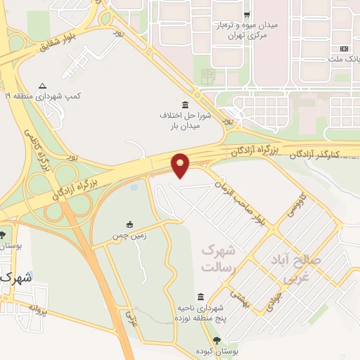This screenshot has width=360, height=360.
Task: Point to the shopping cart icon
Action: [246, 14]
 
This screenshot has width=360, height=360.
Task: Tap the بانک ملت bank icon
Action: [343, 49]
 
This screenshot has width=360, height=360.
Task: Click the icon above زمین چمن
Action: [129, 224]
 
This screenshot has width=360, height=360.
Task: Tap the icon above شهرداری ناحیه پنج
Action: [201, 297]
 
